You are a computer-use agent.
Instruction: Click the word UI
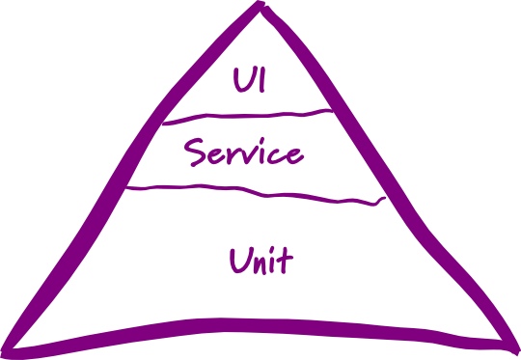249,80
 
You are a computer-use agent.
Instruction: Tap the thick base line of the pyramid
260,326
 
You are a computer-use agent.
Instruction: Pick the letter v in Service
250,155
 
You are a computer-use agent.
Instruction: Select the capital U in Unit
238,259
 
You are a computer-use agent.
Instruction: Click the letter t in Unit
286,259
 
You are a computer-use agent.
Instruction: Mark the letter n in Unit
260,262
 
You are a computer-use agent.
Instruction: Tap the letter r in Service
233,155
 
